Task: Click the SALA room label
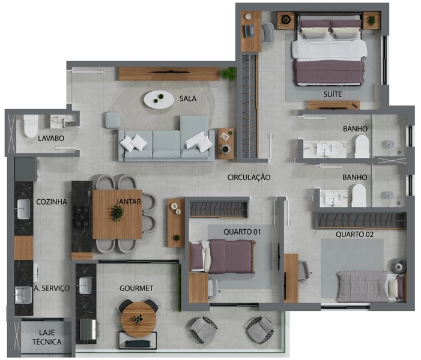[x=187, y=98]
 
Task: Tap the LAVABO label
[x=51, y=139]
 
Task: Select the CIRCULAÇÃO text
[x=249, y=178]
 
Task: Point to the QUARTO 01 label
[x=242, y=232]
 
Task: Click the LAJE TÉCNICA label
[x=47, y=337]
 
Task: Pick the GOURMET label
[x=136, y=289]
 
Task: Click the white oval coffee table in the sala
[x=159, y=100]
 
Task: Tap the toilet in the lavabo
[x=31, y=126]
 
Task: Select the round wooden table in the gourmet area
[x=139, y=320]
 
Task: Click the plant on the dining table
[x=117, y=213]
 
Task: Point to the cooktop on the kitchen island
[x=81, y=217]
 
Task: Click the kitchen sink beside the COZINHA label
[x=23, y=209]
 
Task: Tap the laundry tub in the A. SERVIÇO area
[x=23, y=295]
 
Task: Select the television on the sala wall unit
[x=171, y=71]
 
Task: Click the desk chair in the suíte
[x=268, y=32]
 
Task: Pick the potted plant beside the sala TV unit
[x=228, y=74]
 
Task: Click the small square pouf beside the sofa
[x=112, y=120]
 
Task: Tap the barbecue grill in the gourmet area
[x=89, y=329]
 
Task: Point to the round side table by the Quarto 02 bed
[x=398, y=266]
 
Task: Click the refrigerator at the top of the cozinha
[x=25, y=169]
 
